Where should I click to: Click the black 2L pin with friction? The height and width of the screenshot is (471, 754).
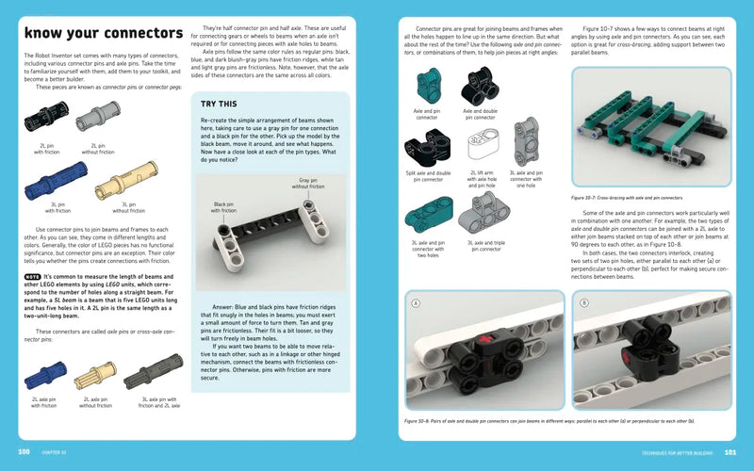tap(46, 120)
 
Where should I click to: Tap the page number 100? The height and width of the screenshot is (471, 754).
tap(25, 453)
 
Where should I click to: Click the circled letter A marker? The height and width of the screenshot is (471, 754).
tap(414, 303)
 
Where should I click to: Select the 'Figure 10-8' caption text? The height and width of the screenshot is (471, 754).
tap(561, 420)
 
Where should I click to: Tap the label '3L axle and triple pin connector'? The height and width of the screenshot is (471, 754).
tap(484, 247)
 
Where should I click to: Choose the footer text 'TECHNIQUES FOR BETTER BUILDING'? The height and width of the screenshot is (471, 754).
tap(668, 453)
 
